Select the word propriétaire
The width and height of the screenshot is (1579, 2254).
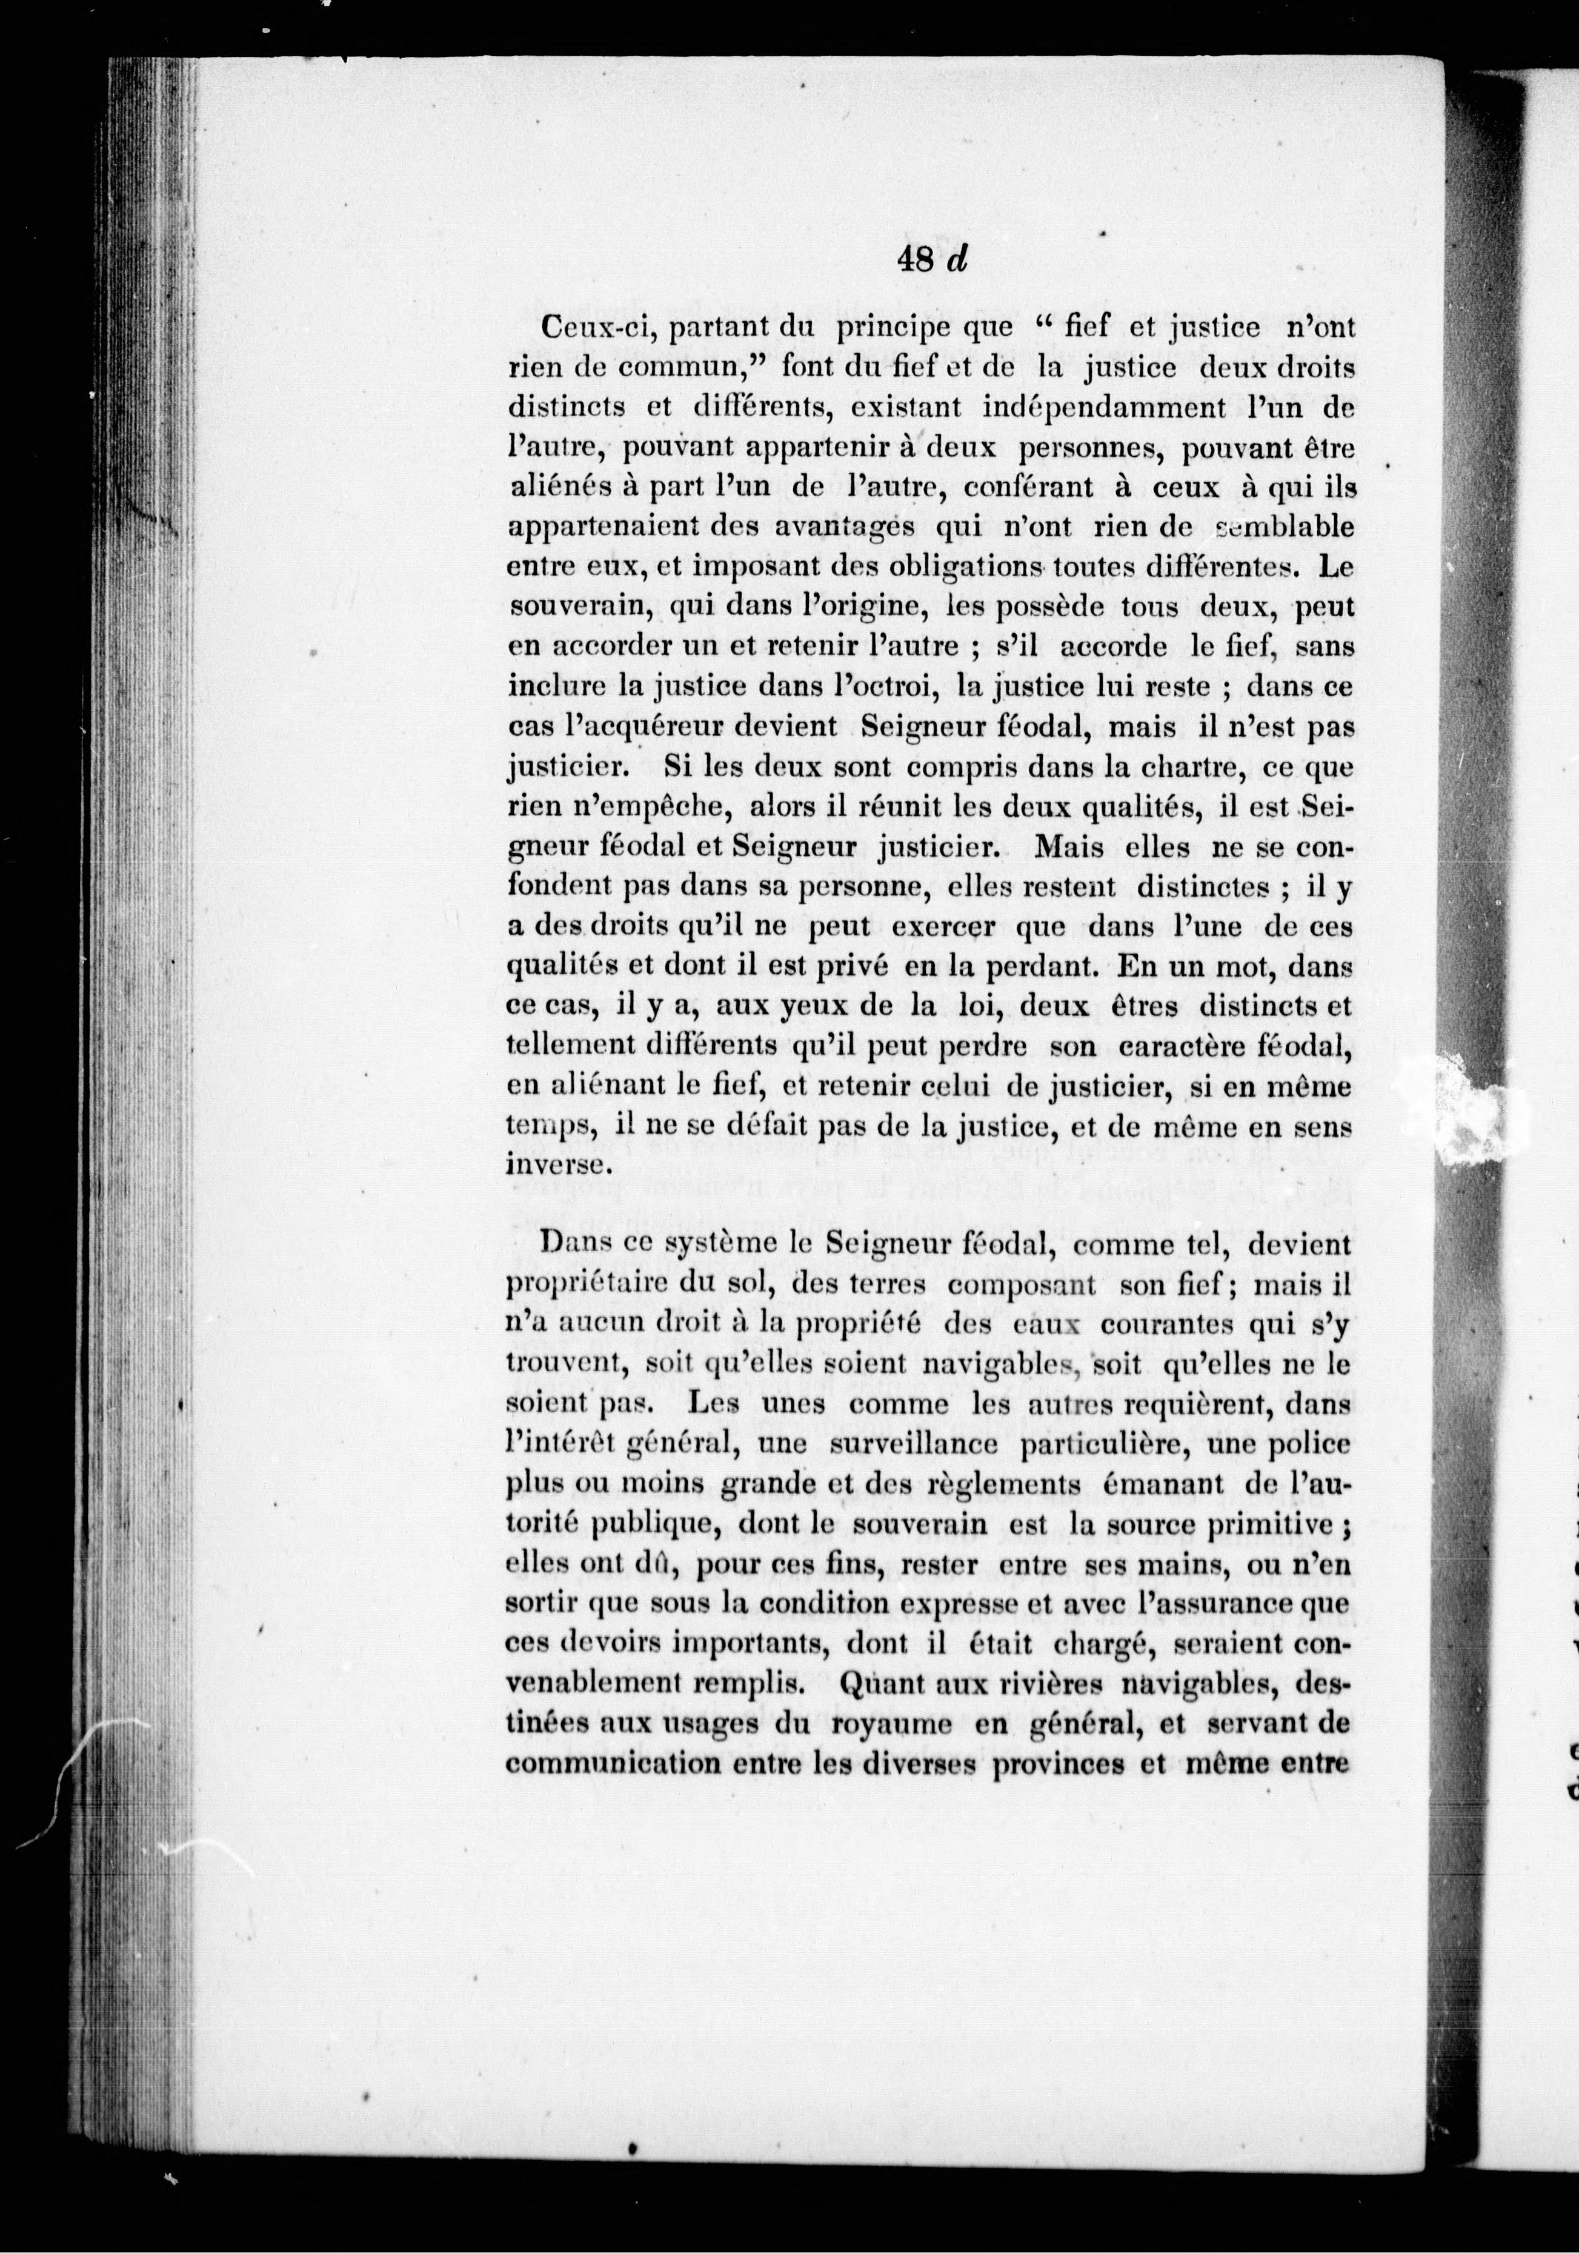593,1286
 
